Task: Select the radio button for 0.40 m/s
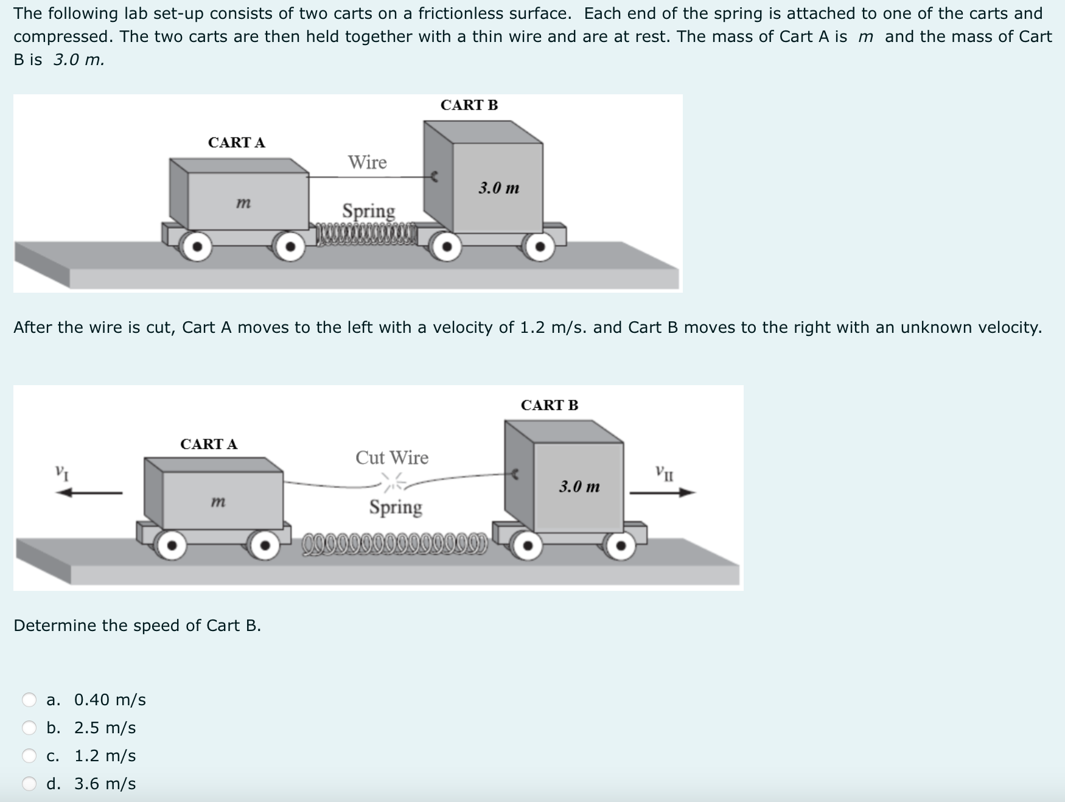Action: click(x=29, y=700)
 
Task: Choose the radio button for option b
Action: click(x=29, y=728)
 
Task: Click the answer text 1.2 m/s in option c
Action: click(x=105, y=756)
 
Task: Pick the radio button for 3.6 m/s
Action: click(x=29, y=784)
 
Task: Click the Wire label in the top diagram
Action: click(x=367, y=162)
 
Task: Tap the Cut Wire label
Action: click(x=392, y=458)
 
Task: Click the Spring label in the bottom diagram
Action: click(x=396, y=507)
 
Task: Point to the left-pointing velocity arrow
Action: click(x=89, y=493)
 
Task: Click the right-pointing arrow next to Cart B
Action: click(x=662, y=493)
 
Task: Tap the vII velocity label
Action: click(x=665, y=472)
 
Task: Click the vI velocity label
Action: click(x=61, y=472)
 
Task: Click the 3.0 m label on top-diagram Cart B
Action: click(x=499, y=188)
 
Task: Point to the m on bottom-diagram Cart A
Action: click(x=218, y=502)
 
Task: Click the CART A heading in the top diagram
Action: click(x=237, y=142)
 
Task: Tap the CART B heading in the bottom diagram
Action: click(x=550, y=405)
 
